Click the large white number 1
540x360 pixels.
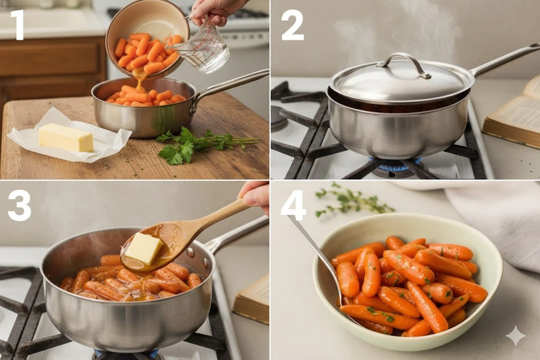point(17,25)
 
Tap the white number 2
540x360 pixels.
point(292,25)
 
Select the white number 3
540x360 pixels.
point(20,206)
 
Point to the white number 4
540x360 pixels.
point(293,206)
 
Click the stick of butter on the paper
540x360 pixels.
point(66,138)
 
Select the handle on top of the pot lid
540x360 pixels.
point(404,62)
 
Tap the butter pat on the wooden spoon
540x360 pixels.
point(143,248)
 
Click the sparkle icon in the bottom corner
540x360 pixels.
point(516,336)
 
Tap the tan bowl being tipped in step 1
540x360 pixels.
point(147,38)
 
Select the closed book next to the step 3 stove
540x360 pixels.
point(251,299)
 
